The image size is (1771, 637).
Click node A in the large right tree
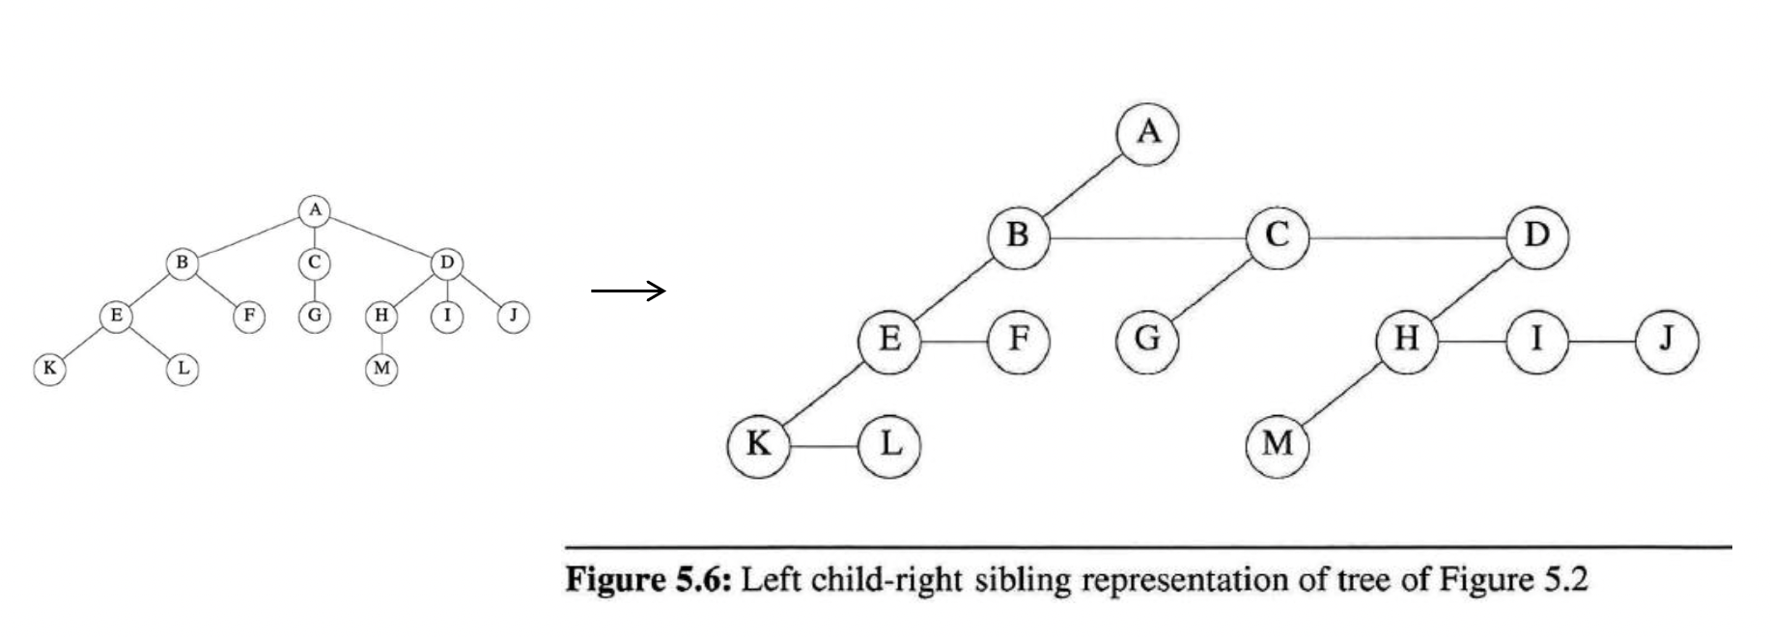point(1147,132)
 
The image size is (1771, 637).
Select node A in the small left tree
point(314,210)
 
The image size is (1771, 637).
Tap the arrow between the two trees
point(629,290)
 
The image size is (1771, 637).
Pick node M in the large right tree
point(1277,444)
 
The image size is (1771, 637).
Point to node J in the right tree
point(1666,341)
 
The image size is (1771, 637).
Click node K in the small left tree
point(49,369)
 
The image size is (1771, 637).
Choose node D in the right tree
point(1537,235)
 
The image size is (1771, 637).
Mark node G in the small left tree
point(314,315)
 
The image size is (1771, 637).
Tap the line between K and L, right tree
point(824,446)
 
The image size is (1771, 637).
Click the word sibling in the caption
point(1024,581)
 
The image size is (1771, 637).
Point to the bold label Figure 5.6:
point(650,581)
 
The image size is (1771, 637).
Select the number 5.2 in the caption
point(1565,581)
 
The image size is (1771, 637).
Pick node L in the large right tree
point(889,444)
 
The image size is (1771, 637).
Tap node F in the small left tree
point(248,315)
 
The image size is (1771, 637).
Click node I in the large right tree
point(1536,341)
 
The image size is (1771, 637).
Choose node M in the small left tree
point(381,369)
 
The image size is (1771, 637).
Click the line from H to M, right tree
point(1342,392)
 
